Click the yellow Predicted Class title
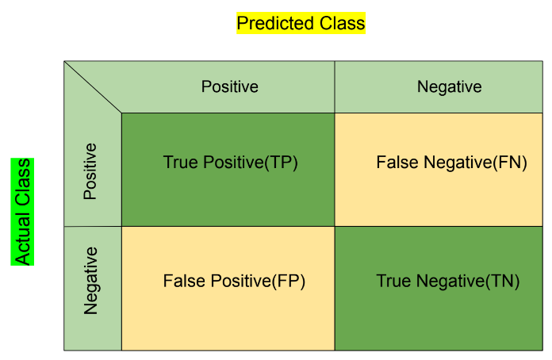pyautogui.click(x=301, y=23)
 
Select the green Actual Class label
pyautogui.click(x=22, y=212)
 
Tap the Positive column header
pyautogui.click(x=229, y=86)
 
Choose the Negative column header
pyautogui.click(x=449, y=87)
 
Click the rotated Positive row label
pyautogui.click(x=90, y=171)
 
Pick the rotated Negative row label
pyautogui.click(x=91, y=281)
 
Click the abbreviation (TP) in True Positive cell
pyautogui.click(x=281, y=163)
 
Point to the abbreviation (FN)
pyautogui.click(x=510, y=163)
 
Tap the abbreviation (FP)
pyautogui.click(x=289, y=281)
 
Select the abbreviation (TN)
pyautogui.click(x=502, y=281)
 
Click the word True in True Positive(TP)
pyautogui.click(x=182, y=163)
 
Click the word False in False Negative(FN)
pyautogui.click(x=398, y=163)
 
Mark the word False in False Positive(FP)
pyautogui.click(x=184, y=281)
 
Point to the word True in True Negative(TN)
pyautogui.click(x=395, y=281)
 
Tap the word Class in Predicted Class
pyautogui.click(x=342, y=23)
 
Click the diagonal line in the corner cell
pyautogui.click(x=93, y=87)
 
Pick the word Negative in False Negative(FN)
pyautogui.click(x=458, y=163)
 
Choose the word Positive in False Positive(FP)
pyautogui.click(x=241, y=281)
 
